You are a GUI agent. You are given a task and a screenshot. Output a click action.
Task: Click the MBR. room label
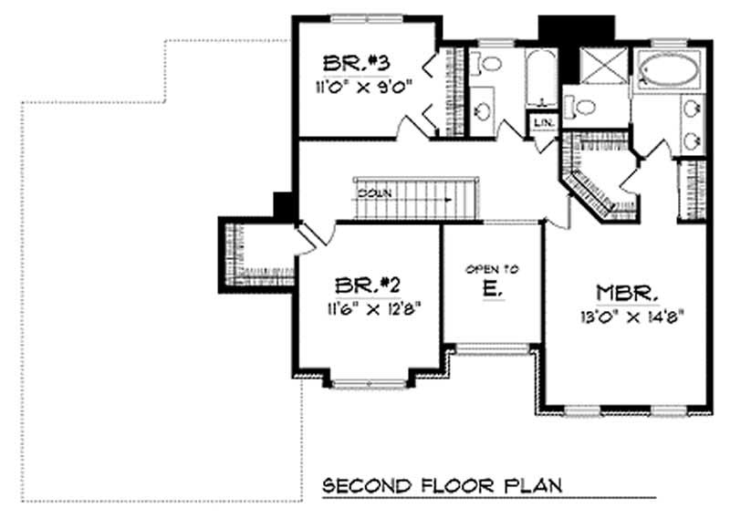(629, 294)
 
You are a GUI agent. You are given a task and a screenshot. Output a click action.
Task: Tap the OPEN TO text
(492, 269)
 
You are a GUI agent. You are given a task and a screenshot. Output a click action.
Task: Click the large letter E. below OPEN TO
(492, 290)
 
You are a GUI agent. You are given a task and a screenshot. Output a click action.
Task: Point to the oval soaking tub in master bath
(668, 71)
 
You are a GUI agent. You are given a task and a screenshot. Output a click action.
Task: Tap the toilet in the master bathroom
(579, 106)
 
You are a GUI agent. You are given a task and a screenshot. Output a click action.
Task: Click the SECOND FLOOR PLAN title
(443, 483)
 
